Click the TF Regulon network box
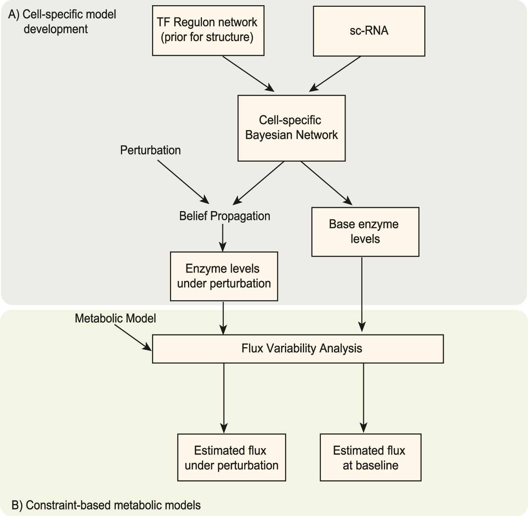click(208, 30)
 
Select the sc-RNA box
click(369, 31)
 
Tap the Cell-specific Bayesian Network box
click(291, 128)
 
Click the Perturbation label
click(150, 150)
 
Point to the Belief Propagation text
click(225, 216)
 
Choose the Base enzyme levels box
click(365, 232)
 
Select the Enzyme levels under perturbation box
click(223, 276)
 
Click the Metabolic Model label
click(115, 318)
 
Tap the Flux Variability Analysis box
click(298, 349)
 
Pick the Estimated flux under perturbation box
click(231, 458)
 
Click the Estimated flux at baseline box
click(370, 458)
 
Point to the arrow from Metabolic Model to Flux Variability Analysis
click(133, 338)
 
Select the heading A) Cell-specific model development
click(63, 22)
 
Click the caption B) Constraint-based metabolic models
click(106, 505)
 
